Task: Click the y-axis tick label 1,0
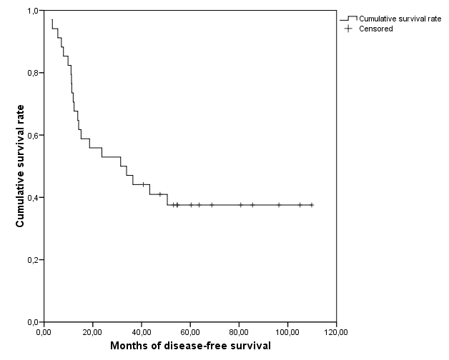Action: click(x=32, y=11)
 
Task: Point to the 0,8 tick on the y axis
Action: click(x=32, y=73)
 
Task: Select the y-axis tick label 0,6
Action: click(x=32, y=135)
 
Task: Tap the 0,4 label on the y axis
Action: click(x=32, y=197)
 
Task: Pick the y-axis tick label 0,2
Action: click(x=32, y=259)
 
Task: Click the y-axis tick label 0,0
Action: click(x=32, y=321)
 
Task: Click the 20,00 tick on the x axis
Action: click(x=92, y=332)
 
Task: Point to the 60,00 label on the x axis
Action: click(x=190, y=332)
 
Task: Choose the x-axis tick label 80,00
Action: click(x=239, y=332)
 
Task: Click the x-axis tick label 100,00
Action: click(x=287, y=332)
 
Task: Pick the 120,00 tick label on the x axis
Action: click(x=336, y=332)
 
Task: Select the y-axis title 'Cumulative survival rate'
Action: click(x=21, y=167)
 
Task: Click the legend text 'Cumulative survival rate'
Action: click(x=400, y=19)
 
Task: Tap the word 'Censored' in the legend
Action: click(x=377, y=29)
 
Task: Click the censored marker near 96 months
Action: click(x=279, y=205)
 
